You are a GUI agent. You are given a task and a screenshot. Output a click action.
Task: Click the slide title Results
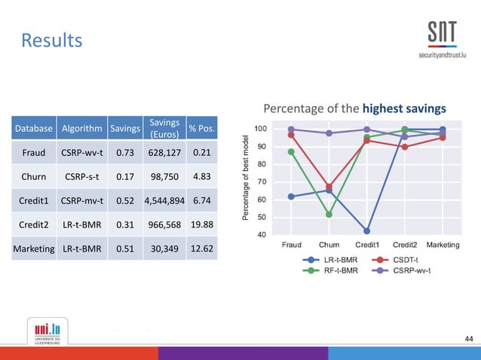pos(51,39)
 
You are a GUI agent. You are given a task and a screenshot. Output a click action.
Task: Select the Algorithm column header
pos(83,129)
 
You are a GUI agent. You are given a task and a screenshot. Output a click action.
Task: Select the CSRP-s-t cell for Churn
pos(83,178)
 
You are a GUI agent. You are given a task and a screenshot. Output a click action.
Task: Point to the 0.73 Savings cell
pos(124,153)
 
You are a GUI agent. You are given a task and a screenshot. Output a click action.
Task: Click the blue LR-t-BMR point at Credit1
pos(367,231)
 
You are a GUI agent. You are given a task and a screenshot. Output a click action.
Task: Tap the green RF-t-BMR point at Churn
pos(329,215)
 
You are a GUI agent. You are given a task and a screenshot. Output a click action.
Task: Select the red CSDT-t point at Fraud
pos(291,135)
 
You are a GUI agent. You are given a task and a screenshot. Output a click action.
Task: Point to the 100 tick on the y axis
pos(259,129)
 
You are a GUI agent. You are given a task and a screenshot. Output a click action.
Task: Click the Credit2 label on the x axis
pos(405,245)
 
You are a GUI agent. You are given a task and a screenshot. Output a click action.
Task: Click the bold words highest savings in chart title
pos(404,108)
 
